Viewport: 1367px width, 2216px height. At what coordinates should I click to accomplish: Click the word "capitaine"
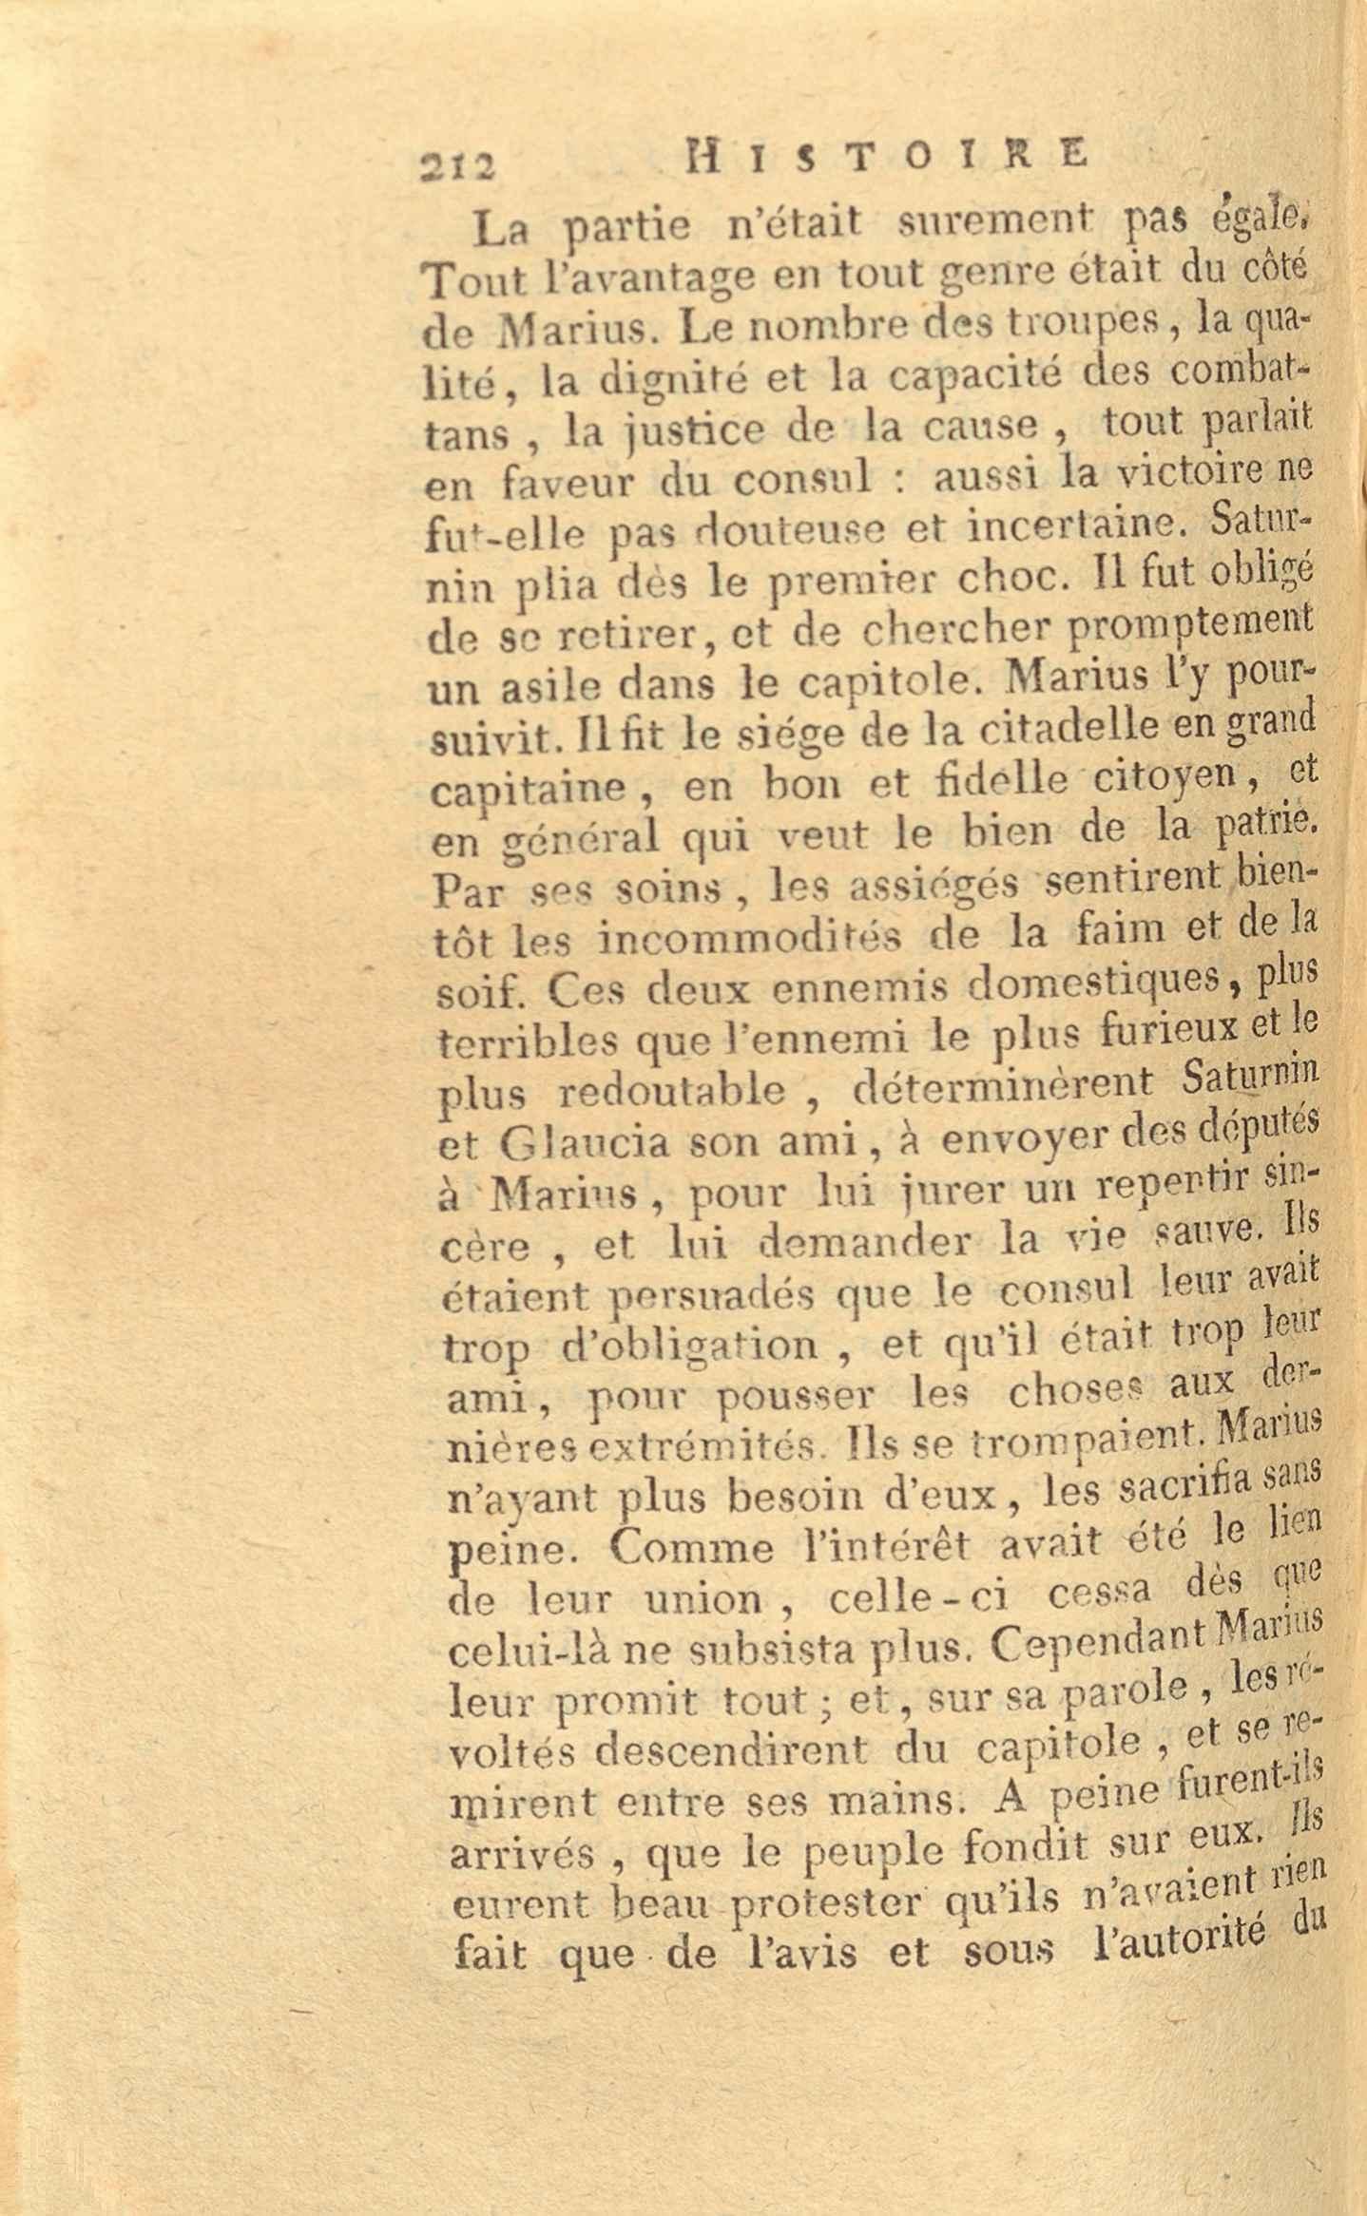[x=527, y=790]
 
